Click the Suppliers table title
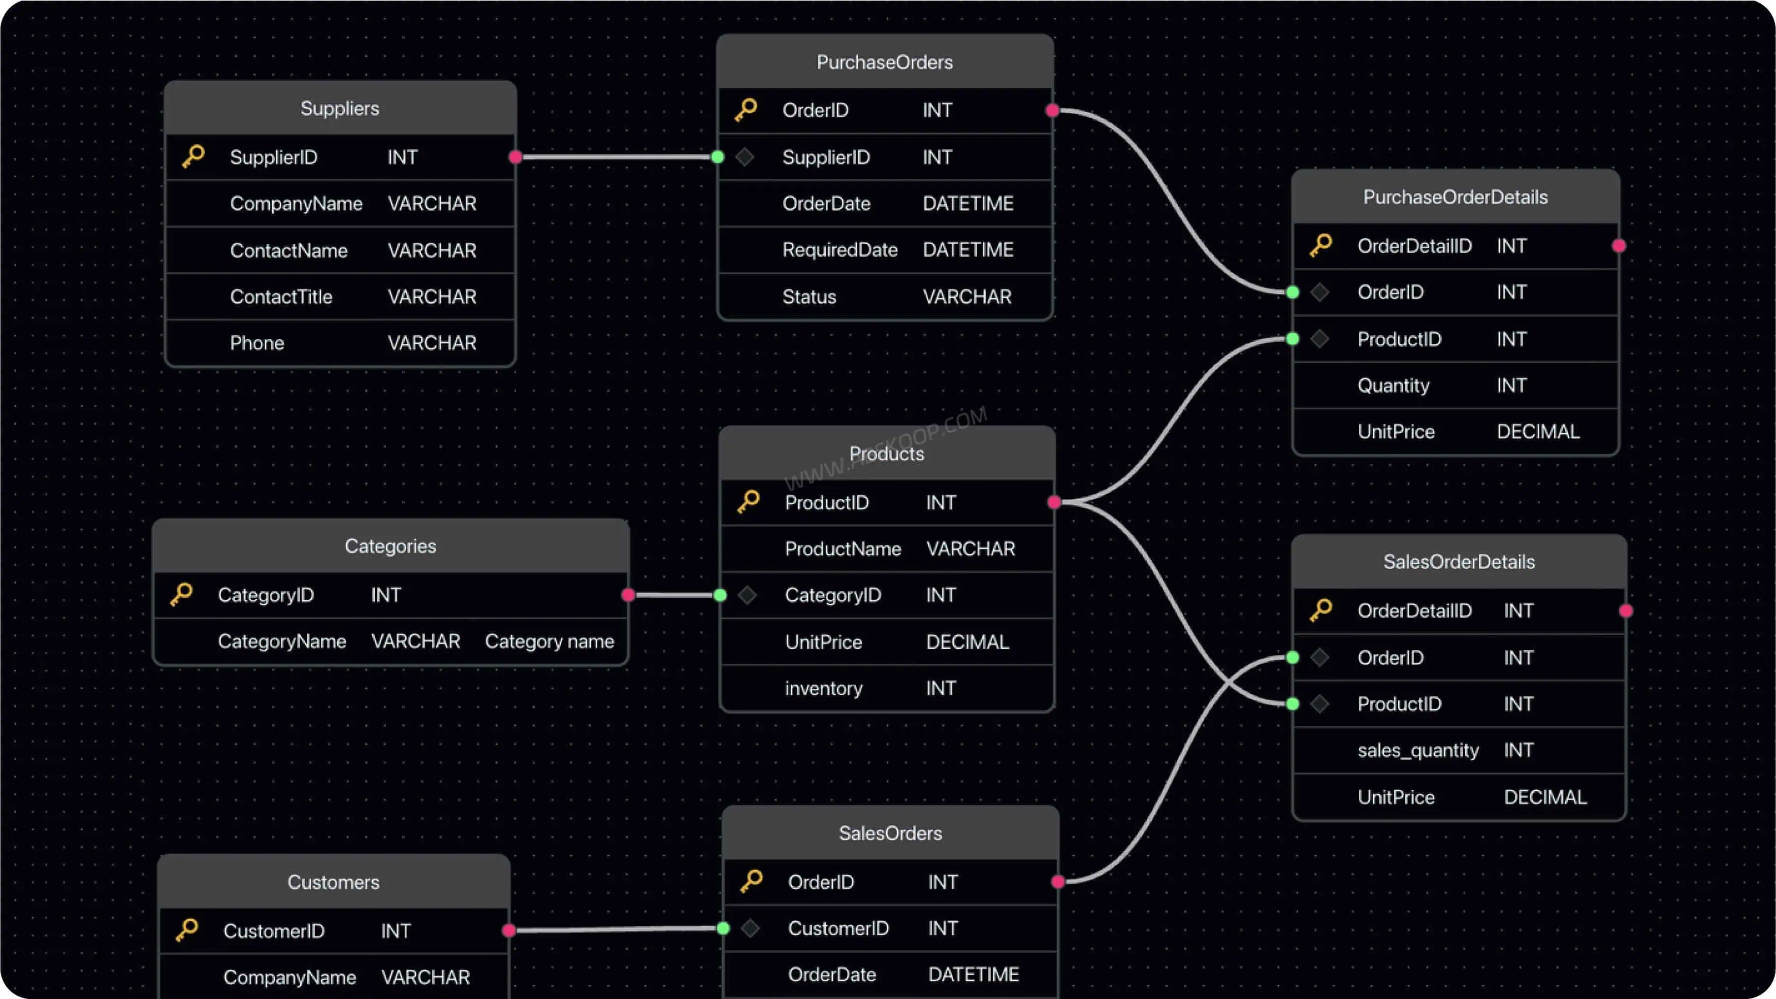(340, 108)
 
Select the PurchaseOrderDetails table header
(1455, 197)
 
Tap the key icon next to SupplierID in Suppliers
(193, 157)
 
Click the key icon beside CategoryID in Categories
(181, 594)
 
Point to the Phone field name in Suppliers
(257, 343)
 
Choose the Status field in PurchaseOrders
(809, 296)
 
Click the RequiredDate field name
(840, 250)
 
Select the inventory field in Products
(824, 688)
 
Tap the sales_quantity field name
(1418, 750)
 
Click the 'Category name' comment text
(549, 641)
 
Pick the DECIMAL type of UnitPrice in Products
(968, 642)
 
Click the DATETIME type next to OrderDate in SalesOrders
(973, 974)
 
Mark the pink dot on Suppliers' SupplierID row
(515, 157)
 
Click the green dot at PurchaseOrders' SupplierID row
(718, 157)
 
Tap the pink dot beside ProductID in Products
(1054, 502)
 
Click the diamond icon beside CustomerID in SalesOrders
(750, 929)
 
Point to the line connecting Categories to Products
(674, 595)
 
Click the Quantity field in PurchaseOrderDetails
(1393, 386)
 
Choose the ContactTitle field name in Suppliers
(281, 296)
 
